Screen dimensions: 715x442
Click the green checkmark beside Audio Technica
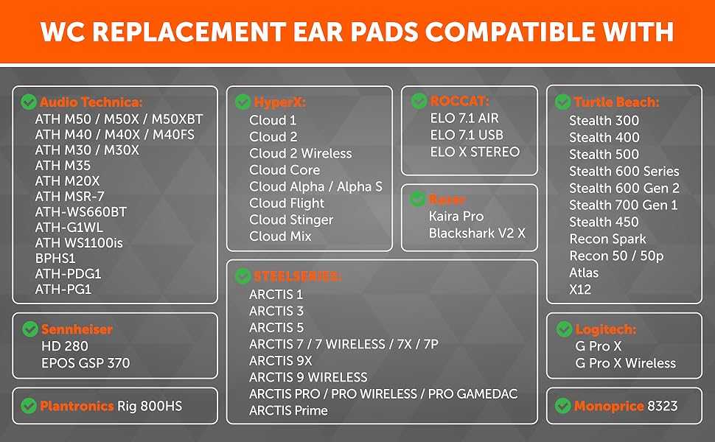(x=29, y=102)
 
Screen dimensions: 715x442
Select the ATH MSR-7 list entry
(x=70, y=197)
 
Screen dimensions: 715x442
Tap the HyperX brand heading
(x=279, y=102)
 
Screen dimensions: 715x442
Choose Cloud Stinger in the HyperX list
(x=291, y=220)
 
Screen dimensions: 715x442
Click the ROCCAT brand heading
(x=460, y=101)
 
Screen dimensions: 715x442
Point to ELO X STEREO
(x=475, y=152)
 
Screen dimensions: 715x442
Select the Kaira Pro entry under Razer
(x=456, y=217)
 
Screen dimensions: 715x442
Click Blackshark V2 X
(x=477, y=234)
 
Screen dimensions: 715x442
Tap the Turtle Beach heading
(x=616, y=102)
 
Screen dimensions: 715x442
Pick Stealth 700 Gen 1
(x=624, y=205)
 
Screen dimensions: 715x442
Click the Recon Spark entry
(x=607, y=239)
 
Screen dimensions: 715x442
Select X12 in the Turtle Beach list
(x=580, y=290)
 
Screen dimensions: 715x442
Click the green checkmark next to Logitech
(x=564, y=329)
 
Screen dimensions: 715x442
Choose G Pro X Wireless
(x=626, y=363)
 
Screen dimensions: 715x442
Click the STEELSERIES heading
(x=297, y=276)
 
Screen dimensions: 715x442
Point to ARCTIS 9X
(x=280, y=361)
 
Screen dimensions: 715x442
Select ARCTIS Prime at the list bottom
(x=288, y=410)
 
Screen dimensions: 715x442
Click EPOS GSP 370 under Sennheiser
(x=86, y=363)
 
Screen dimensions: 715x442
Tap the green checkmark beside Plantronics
(x=29, y=406)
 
